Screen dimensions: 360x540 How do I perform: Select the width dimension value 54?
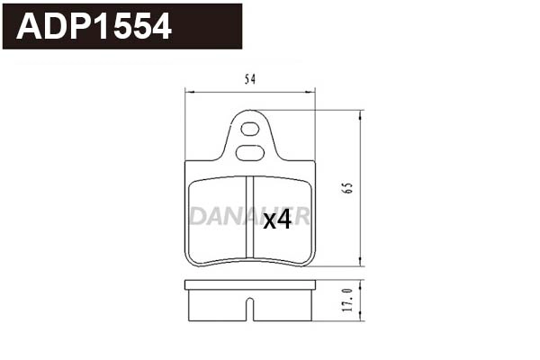[x=250, y=79]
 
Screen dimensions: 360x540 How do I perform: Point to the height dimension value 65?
[x=346, y=188]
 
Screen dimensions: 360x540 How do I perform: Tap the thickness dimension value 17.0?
[x=346, y=299]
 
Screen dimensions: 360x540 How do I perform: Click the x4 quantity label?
[x=277, y=220]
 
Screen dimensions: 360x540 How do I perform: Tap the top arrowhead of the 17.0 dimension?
[x=361, y=283]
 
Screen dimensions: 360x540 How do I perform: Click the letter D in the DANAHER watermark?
[x=197, y=217]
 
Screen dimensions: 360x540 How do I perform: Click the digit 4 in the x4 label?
[x=283, y=220]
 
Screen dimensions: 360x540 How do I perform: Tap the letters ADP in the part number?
[x=55, y=27]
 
